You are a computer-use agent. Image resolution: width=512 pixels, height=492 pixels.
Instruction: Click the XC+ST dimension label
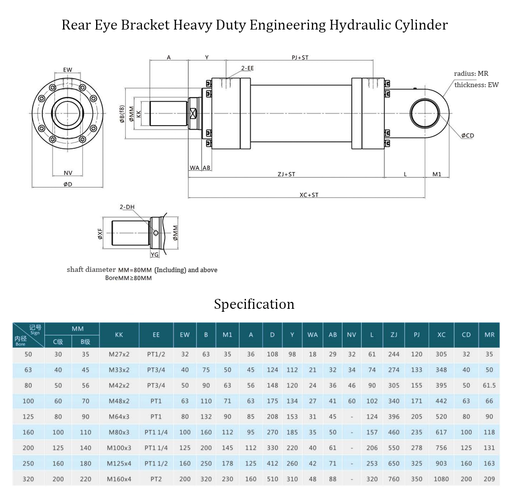point(309,195)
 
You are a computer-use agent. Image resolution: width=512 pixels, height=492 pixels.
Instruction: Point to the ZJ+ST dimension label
point(286,174)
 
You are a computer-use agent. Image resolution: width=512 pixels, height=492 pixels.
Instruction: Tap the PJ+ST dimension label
point(300,58)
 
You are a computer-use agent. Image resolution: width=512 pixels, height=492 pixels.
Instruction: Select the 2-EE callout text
point(247,68)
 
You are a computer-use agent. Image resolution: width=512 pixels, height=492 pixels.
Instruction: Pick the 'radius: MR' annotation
point(471,73)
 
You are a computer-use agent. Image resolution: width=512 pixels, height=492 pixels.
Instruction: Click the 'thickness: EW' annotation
point(476,85)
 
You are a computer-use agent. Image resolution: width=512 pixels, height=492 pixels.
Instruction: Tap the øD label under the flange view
point(68,184)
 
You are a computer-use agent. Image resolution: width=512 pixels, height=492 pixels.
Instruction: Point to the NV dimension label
point(68,173)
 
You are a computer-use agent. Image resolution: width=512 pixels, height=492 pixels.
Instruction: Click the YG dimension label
point(155,255)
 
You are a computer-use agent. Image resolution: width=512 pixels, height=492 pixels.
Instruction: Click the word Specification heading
point(254,304)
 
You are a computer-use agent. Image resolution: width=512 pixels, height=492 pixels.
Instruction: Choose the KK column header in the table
point(119,335)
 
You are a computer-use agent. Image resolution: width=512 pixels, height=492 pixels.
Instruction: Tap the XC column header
point(441,335)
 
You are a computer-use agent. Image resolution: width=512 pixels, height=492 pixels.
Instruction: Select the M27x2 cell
point(119,355)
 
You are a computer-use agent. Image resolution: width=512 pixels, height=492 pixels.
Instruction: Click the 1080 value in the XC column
point(441,479)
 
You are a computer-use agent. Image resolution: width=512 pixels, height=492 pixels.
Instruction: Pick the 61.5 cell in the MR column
point(489,386)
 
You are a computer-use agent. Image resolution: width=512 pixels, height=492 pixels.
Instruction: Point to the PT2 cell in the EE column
point(156,479)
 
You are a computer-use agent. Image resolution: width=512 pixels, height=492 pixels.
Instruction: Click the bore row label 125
point(28,417)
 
